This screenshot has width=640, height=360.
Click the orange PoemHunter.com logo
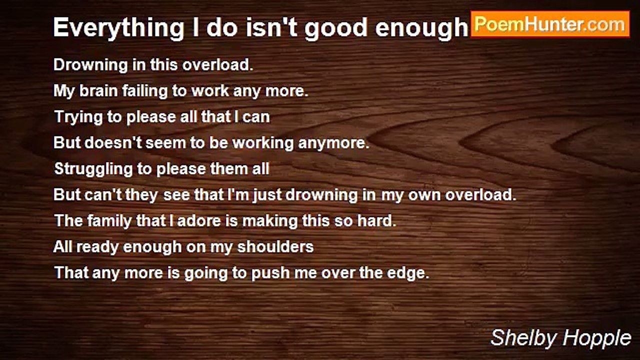coord(550,24)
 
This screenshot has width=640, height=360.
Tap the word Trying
coord(78,117)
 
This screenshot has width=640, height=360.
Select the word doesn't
coord(113,142)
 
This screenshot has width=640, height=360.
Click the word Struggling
coord(93,169)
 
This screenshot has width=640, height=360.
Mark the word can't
coord(103,194)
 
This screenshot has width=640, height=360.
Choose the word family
coord(109,221)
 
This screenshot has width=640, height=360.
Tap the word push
coord(270,273)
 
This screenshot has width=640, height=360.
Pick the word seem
coord(166,142)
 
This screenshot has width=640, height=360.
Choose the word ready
coord(97,247)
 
